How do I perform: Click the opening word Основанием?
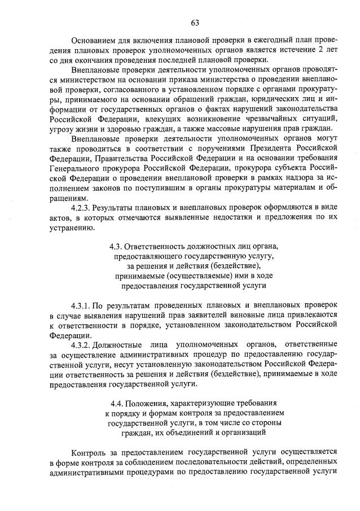pyautogui.click(x=93, y=40)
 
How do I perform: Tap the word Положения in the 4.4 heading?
pyautogui.click(x=148, y=403)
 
